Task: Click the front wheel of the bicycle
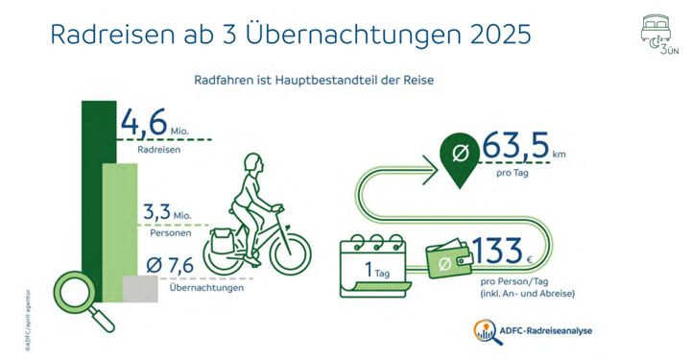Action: pyautogui.click(x=290, y=252)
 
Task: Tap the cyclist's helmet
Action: pyautogui.click(x=251, y=163)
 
